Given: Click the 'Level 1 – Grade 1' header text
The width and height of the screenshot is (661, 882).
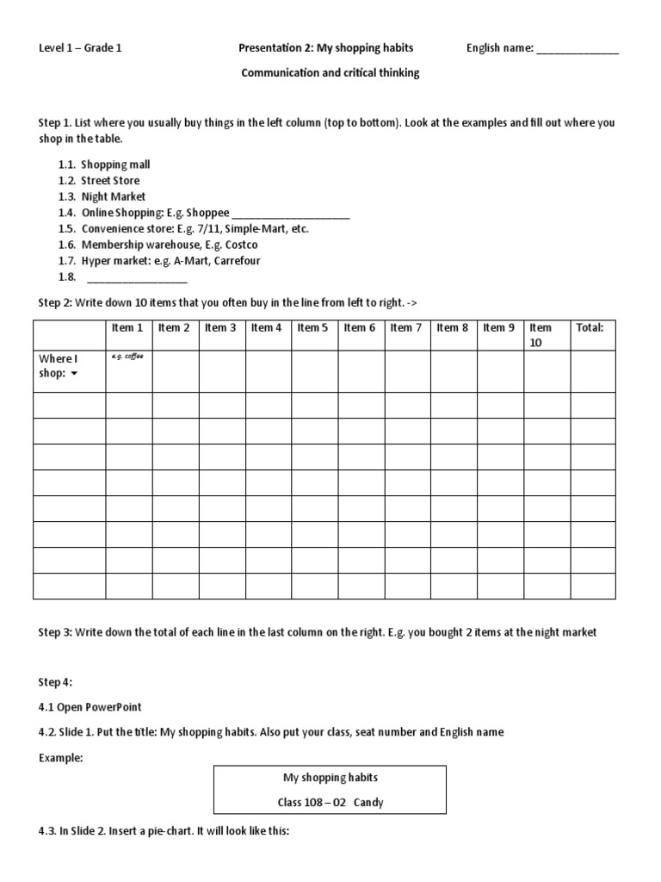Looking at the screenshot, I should pyautogui.click(x=80, y=48).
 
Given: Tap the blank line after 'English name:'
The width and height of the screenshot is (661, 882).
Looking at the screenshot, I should pyautogui.click(x=577, y=51).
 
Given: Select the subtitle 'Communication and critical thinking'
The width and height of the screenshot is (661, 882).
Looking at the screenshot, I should pyautogui.click(x=330, y=73).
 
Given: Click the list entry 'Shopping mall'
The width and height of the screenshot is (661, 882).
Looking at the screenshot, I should pyautogui.click(x=115, y=164).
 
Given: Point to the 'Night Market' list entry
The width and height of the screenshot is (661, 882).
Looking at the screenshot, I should pyautogui.click(x=113, y=196).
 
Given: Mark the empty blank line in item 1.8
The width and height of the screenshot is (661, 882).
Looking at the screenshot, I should pyautogui.click(x=137, y=280).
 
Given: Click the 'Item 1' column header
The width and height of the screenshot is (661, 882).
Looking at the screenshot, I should pyautogui.click(x=127, y=328).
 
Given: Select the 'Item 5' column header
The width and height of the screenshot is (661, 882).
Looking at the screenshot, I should pyautogui.click(x=313, y=328).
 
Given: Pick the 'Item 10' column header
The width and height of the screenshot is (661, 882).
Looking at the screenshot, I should pyautogui.click(x=541, y=335).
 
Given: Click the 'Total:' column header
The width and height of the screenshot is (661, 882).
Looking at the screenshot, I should pyautogui.click(x=590, y=328).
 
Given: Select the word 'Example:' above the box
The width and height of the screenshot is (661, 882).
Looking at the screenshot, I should pyautogui.click(x=60, y=755).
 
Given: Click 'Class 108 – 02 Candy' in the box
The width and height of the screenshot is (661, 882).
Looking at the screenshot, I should pyautogui.click(x=330, y=803).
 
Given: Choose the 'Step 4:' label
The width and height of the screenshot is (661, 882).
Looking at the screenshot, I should pyautogui.click(x=56, y=682).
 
